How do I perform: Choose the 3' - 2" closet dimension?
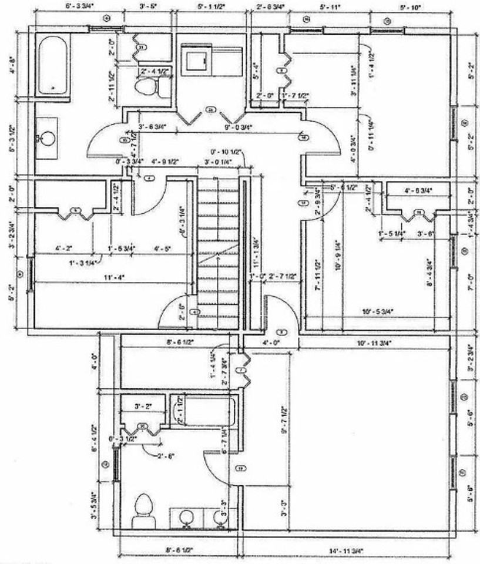[143, 406]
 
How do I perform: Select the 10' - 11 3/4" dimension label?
[374, 342]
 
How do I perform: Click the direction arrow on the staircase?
[219, 253]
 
